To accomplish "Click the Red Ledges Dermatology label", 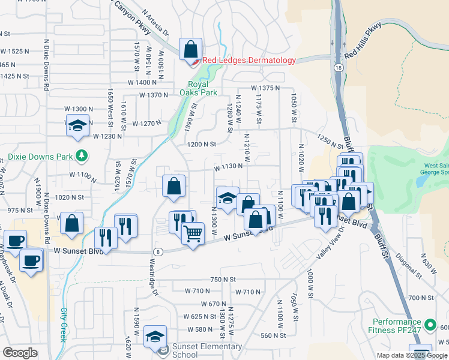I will (x=249, y=60).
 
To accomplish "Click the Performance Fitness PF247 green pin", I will (x=429, y=326).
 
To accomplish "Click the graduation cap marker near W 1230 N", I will (x=77, y=126).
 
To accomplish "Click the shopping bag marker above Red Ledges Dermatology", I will (x=190, y=49).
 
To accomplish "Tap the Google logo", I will (x=20, y=353).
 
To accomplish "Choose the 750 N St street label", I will (x=223, y=280).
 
